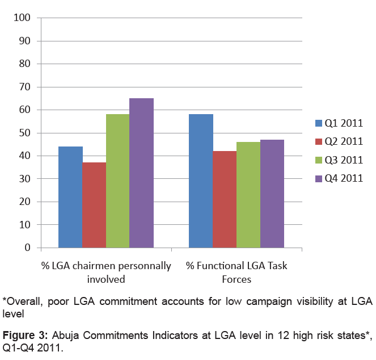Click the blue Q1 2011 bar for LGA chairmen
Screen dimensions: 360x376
click(x=70, y=197)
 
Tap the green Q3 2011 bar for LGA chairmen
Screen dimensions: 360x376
click(x=118, y=181)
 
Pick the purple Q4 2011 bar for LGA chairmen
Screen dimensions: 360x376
click(x=142, y=173)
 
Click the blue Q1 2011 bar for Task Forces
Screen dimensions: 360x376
click(x=201, y=181)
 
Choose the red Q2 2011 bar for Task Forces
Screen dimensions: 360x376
click(x=225, y=199)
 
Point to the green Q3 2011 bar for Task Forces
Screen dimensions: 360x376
click(x=248, y=195)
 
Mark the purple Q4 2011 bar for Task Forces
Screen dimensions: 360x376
click(x=272, y=194)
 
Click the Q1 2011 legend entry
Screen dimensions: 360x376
click(x=339, y=123)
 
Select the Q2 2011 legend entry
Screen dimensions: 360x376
click(x=339, y=141)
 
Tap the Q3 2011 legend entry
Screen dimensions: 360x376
click(x=339, y=160)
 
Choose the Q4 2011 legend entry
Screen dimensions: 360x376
click(x=339, y=178)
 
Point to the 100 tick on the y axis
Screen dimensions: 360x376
click(x=22, y=18)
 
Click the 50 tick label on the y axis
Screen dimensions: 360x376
click(x=25, y=133)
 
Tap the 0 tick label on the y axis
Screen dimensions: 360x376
click(x=28, y=248)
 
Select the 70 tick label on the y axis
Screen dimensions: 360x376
click(x=25, y=87)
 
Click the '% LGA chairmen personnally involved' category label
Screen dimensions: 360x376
click(x=106, y=273)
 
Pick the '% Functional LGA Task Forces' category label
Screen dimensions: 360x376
click(x=236, y=273)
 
